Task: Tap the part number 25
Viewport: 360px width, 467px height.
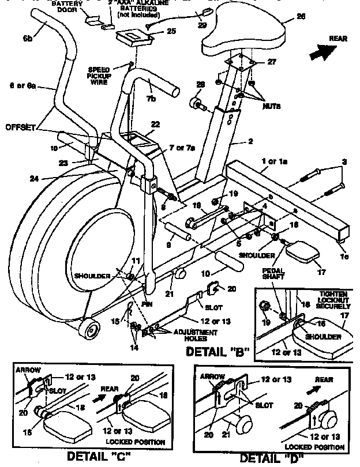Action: (171, 31)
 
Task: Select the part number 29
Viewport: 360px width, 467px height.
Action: (201, 26)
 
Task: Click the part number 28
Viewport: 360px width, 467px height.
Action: (200, 85)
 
